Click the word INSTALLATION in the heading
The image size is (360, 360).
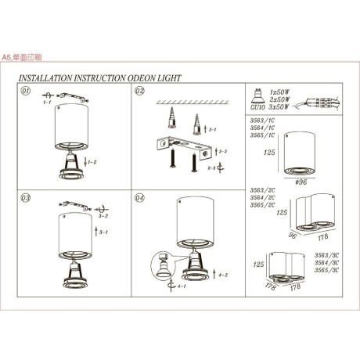click(48, 78)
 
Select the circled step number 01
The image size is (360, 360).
click(25, 91)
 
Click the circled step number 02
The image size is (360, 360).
click(139, 92)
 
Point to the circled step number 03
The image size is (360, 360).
click(25, 198)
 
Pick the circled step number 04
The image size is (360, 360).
click(139, 198)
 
